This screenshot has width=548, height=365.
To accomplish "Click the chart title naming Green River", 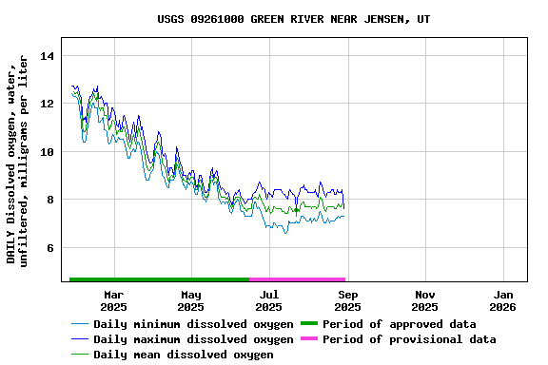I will pos(293,19).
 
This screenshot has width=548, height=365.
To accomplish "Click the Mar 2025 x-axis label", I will pos(113,300).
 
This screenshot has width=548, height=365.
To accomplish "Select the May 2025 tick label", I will pos(191,300).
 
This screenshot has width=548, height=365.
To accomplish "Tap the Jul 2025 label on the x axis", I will pos(269,300).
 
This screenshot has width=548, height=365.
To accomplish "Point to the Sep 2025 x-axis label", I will pos(347,300).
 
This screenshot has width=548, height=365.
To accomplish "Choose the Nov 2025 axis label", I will pos(425,300).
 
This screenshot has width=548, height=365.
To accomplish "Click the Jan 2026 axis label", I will pos(503,300).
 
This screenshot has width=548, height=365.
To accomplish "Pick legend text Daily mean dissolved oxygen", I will pos(184,355).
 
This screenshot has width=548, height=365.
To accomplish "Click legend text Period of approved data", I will pos(399,324).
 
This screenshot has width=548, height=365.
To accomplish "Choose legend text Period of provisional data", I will pos(409,339).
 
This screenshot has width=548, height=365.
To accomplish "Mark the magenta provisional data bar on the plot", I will pos(297,279).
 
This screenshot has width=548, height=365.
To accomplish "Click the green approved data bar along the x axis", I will pos(159,279).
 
